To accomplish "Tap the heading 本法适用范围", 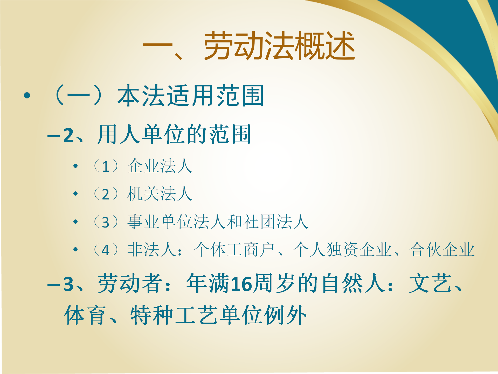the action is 190,96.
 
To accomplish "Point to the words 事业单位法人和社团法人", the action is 218,222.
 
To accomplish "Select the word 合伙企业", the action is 442,249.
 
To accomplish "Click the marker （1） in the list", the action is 106,166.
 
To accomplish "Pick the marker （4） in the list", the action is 106,250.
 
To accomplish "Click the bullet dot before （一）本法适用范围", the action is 27,96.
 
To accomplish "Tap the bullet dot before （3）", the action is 75,222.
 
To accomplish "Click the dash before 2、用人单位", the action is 54,136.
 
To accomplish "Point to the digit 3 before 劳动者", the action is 69,284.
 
